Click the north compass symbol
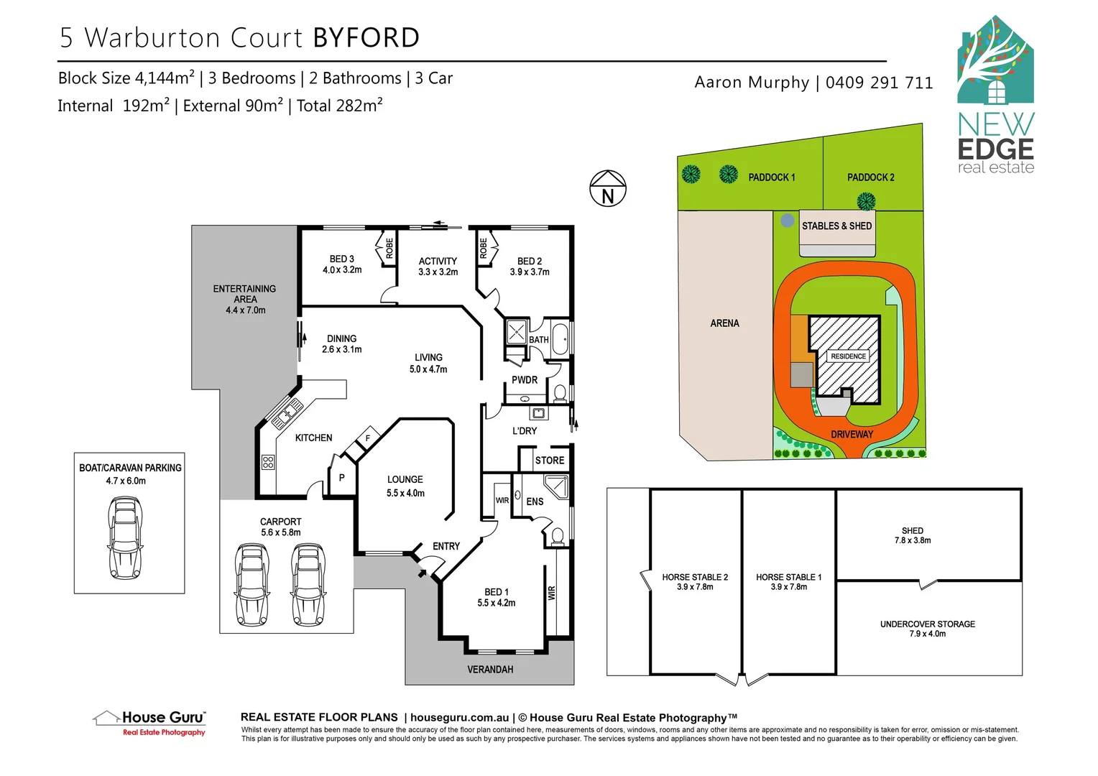pos(608,189)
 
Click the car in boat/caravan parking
pos(125,538)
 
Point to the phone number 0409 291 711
pos(879,83)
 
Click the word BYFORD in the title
pos(366,38)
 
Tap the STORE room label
pos(550,461)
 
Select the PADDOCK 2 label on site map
pos(870,177)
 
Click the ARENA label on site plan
pos(724,323)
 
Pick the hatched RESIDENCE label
pos(848,356)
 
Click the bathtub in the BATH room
pos(560,339)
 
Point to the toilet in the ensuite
pos(556,536)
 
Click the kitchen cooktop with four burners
pos(268,462)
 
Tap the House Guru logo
pos(150,722)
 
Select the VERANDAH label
pos(490,670)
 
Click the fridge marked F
pos(367,438)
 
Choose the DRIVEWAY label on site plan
pos(852,435)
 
